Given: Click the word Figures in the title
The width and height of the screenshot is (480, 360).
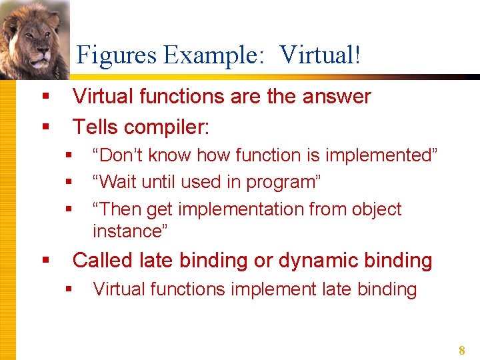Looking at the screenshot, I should pos(117,55).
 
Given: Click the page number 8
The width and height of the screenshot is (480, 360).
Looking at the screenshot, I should pos(461,350).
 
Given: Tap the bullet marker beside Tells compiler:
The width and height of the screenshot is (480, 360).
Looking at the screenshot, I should pos(45,126).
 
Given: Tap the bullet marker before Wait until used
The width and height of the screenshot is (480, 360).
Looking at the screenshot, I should pos(68,182).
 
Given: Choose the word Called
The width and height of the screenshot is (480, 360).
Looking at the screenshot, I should pos(103,260).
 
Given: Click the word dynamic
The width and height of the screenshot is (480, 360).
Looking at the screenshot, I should pos(317,260).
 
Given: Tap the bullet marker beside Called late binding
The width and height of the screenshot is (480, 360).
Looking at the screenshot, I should pos(45,260).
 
